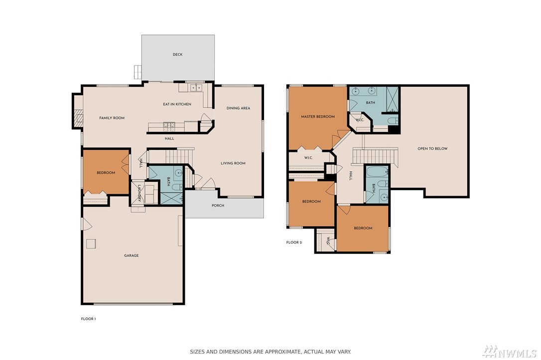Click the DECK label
coord(178,54)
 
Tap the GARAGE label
coord(132,255)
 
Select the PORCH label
coord(218,206)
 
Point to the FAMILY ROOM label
coord(112,118)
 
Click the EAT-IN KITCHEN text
coord(177,104)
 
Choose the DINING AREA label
coord(239,108)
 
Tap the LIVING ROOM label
coord(233,163)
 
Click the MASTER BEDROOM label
coord(318,117)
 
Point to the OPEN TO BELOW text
coord(433,148)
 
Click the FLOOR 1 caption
coord(88,319)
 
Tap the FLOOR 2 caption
coord(294,242)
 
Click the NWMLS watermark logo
coord(510,352)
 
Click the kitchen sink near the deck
coord(196,88)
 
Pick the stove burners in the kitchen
coord(169,126)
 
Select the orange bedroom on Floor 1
coord(106,172)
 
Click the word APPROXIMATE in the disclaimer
coord(279,352)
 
